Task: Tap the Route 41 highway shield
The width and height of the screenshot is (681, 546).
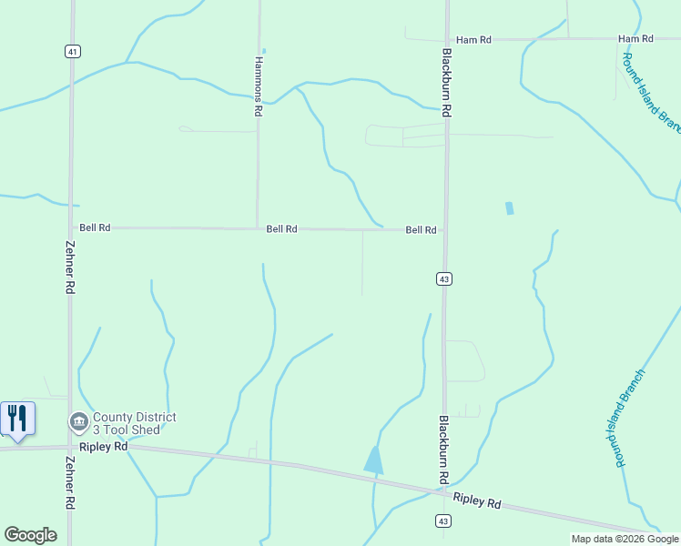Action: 71,52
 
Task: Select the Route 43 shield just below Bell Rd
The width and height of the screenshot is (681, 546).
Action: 443,278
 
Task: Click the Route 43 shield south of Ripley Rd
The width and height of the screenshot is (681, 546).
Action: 442,521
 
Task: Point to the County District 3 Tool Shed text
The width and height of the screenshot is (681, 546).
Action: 134,423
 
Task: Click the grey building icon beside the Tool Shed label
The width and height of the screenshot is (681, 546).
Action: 78,422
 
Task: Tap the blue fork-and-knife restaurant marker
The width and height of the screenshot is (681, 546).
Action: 17,419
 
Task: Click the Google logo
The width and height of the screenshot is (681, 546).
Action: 30,535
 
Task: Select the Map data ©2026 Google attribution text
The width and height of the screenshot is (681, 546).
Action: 625,539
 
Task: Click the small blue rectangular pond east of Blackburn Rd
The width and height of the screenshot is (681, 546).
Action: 509,208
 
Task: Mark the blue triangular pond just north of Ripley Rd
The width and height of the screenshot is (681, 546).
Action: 374,460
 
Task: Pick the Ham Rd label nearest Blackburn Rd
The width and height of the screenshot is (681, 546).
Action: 473,40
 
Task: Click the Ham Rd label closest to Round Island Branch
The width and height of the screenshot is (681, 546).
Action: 635,39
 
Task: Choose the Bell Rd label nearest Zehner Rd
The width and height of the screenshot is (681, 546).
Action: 95,227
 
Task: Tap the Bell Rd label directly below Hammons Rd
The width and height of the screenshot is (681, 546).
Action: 281,229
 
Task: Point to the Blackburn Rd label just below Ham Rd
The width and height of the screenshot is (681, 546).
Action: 447,82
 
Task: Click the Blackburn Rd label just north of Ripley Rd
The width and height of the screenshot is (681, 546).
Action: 443,450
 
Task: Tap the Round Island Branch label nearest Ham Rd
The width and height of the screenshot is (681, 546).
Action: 650,93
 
